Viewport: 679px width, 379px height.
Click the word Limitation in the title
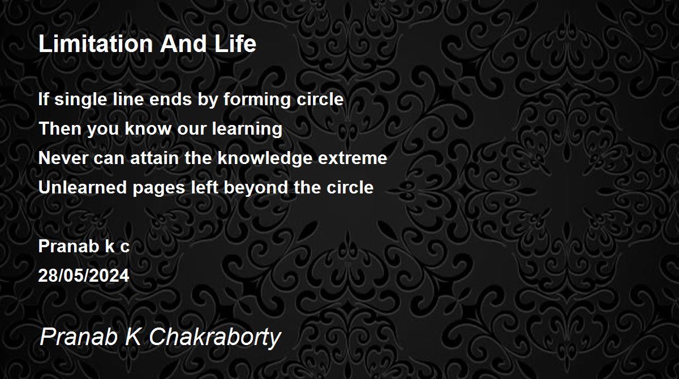tap(96, 44)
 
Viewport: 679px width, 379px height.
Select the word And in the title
tap(183, 44)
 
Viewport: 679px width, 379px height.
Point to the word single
tap(80, 100)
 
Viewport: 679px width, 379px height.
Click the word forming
tap(257, 100)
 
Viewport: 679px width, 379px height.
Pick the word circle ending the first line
tap(320, 99)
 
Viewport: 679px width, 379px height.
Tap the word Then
tap(60, 128)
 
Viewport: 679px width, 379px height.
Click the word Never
tap(63, 158)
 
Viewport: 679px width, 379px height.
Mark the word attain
tap(154, 158)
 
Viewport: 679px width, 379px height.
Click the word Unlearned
tap(83, 188)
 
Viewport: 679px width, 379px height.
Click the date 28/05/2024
tap(84, 276)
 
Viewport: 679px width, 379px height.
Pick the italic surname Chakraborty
tap(215, 337)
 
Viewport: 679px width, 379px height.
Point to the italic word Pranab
tap(79, 337)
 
